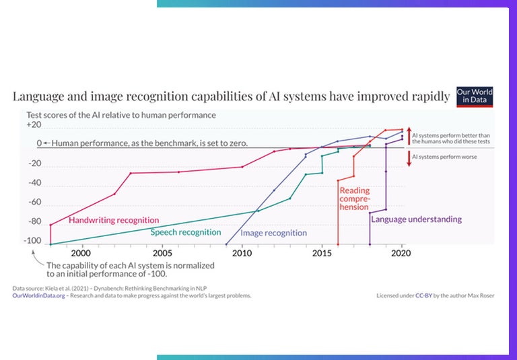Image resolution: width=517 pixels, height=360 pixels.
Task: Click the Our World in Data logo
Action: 475,96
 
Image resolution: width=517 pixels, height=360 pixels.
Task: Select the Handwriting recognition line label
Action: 114,220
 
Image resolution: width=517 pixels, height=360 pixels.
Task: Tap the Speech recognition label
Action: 185,232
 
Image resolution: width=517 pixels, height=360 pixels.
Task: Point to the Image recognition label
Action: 274,233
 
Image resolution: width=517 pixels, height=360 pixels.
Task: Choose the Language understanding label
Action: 416,219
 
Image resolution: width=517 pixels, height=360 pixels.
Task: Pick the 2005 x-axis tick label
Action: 161,253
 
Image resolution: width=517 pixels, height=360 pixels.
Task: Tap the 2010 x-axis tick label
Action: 241,253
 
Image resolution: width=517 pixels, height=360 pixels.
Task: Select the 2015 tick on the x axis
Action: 322,253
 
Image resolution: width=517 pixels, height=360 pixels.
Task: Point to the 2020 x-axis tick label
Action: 402,253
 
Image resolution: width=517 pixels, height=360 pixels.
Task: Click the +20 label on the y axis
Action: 34,125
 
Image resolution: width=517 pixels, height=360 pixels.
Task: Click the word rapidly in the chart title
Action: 428,96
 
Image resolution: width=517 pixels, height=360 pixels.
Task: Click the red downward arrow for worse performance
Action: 407,159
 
